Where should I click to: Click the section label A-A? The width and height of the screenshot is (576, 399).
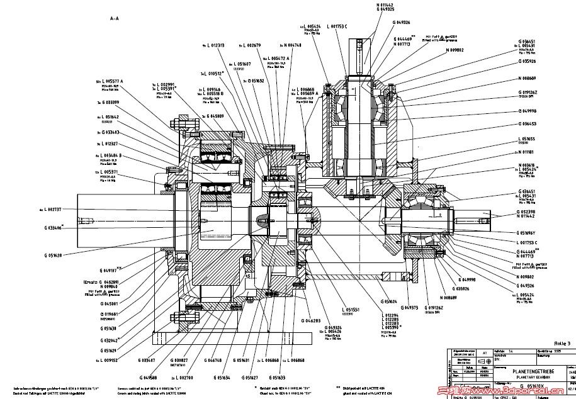[x=115, y=19]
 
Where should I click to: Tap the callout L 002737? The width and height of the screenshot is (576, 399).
[x=52, y=209]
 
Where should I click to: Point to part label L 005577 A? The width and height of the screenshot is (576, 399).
[x=112, y=81]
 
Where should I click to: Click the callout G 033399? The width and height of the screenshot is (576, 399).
[x=110, y=102]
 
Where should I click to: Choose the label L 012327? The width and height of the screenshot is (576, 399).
[x=110, y=143]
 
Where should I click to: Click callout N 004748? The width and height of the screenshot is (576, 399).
[x=289, y=45]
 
